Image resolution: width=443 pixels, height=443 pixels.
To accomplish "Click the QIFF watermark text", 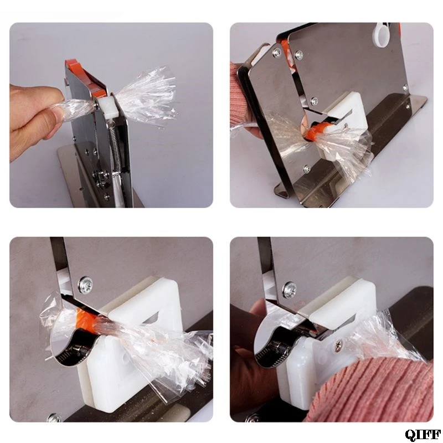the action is tap(423, 435).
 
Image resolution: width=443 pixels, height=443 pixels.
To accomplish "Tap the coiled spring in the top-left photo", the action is tap(116, 150).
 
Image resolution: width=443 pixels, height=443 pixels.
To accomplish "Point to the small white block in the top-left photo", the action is tap(107, 107).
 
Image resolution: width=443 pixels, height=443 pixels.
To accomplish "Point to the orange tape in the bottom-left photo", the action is tap(86, 321).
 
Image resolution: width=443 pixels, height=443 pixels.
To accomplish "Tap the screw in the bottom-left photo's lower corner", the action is tap(55, 418).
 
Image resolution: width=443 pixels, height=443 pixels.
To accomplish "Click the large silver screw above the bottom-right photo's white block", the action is tap(289, 289).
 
